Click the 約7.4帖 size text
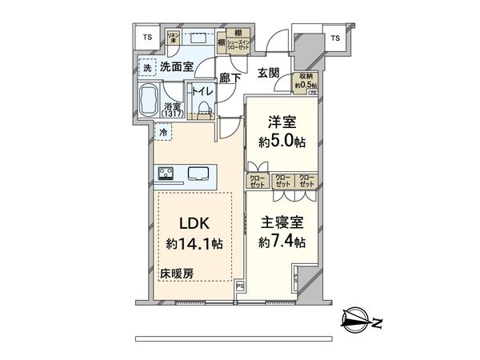tap(280, 240)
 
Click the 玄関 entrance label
tap(269, 74)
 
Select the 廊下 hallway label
tap(232, 79)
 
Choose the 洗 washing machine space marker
tap(146, 68)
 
